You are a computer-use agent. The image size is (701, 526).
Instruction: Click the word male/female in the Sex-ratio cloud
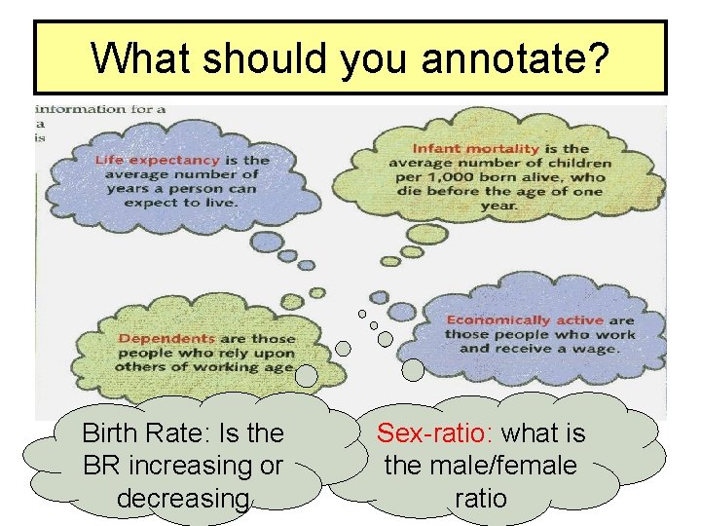[x=481, y=466]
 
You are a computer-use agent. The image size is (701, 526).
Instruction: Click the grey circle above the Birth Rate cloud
[x=307, y=375]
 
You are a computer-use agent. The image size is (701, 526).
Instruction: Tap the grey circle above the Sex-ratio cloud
[x=413, y=369]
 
